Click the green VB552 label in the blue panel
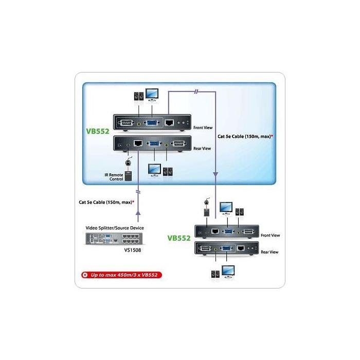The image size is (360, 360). (x=98, y=131)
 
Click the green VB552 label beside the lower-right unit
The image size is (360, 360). (x=179, y=238)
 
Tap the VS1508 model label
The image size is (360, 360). (x=133, y=250)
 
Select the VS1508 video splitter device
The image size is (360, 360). (x=114, y=239)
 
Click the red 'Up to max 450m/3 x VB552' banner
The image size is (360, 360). (x=121, y=275)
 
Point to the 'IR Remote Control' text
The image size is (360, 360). (x=114, y=177)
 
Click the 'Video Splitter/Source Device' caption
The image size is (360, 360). (x=115, y=228)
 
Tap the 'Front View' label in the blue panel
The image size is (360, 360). (x=203, y=128)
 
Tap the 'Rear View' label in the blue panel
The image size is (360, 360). (x=202, y=149)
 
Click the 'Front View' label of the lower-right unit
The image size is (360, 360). (x=270, y=236)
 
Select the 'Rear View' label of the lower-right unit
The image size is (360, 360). (x=269, y=252)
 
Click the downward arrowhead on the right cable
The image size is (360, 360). (x=215, y=174)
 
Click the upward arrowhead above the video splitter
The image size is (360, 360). (x=138, y=213)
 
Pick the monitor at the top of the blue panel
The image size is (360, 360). (x=152, y=95)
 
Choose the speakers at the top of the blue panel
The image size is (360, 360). (x=139, y=96)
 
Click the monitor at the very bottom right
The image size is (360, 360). (x=228, y=272)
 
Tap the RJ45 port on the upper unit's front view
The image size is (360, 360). (x=169, y=122)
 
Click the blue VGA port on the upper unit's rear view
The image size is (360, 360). (x=154, y=144)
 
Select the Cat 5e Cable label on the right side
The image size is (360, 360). (x=245, y=136)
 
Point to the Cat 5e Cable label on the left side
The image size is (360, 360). (x=106, y=202)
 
